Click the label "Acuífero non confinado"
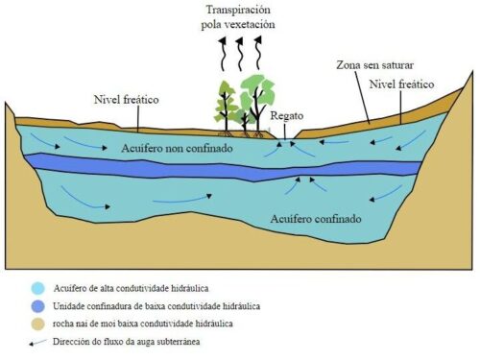click(177, 149)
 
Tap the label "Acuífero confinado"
click(316, 219)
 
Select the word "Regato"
click(287, 116)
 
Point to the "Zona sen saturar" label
click(374, 65)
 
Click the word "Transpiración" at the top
click(238, 11)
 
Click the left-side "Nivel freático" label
click(127, 100)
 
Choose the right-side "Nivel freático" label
click(401, 84)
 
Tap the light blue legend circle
click(38, 288)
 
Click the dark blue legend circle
click(38, 306)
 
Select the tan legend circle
click(38, 324)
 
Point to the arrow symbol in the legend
click(37, 343)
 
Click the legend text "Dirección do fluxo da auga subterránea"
click(127, 342)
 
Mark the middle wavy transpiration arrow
click(240, 54)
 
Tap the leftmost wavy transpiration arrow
click(223, 54)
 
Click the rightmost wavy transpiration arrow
click(258, 53)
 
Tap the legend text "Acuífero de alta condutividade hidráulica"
click(131, 288)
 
